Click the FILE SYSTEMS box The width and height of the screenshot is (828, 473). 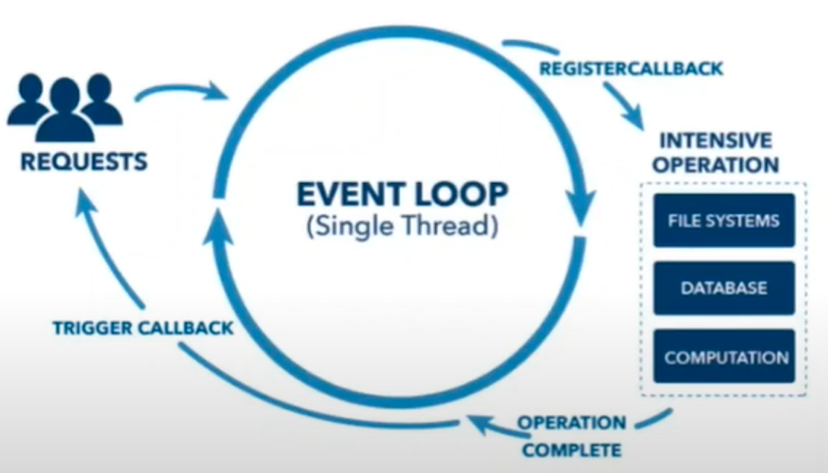point(723,220)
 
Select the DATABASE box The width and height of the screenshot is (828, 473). point(723,288)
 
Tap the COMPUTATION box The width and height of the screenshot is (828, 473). point(726,357)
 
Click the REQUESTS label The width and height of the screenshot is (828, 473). point(84,161)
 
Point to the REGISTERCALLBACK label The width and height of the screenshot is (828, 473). point(631,69)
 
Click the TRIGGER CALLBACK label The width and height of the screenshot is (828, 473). point(143,328)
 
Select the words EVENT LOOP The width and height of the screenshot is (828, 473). point(402,194)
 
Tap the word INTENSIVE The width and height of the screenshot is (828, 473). point(715,139)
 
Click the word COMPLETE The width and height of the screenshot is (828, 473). point(572,450)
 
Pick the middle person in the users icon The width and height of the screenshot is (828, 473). point(65,109)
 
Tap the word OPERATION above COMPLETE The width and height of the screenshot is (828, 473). point(571,423)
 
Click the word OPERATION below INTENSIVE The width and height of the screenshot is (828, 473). point(715,164)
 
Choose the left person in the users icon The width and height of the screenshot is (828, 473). point(28,99)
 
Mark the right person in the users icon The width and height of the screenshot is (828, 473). point(101,99)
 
